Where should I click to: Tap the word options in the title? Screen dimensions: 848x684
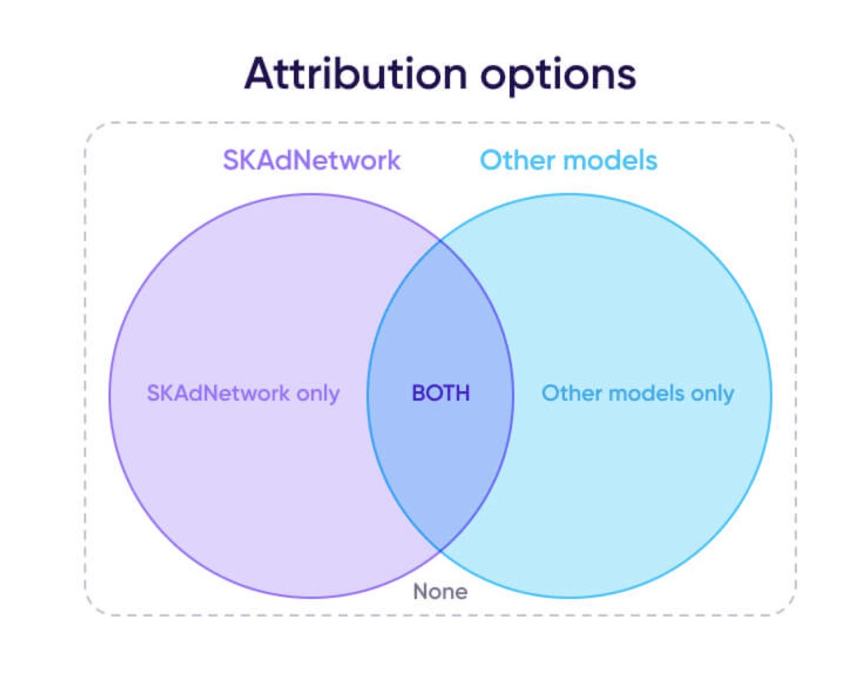point(558,77)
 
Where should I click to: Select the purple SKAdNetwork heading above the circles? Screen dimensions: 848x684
point(311,160)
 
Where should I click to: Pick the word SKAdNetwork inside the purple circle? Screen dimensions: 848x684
point(218,393)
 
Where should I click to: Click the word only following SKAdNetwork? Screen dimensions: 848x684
point(318,394)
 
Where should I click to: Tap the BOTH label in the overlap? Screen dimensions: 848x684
point(440,393)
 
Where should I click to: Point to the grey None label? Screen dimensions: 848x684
point(440,591)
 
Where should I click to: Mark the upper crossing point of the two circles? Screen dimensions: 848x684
point(440,239)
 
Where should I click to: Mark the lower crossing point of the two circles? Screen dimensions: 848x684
point(440,549)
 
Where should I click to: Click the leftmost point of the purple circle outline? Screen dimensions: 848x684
point(110,395)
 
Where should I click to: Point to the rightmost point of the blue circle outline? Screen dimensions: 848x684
point(772,395)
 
